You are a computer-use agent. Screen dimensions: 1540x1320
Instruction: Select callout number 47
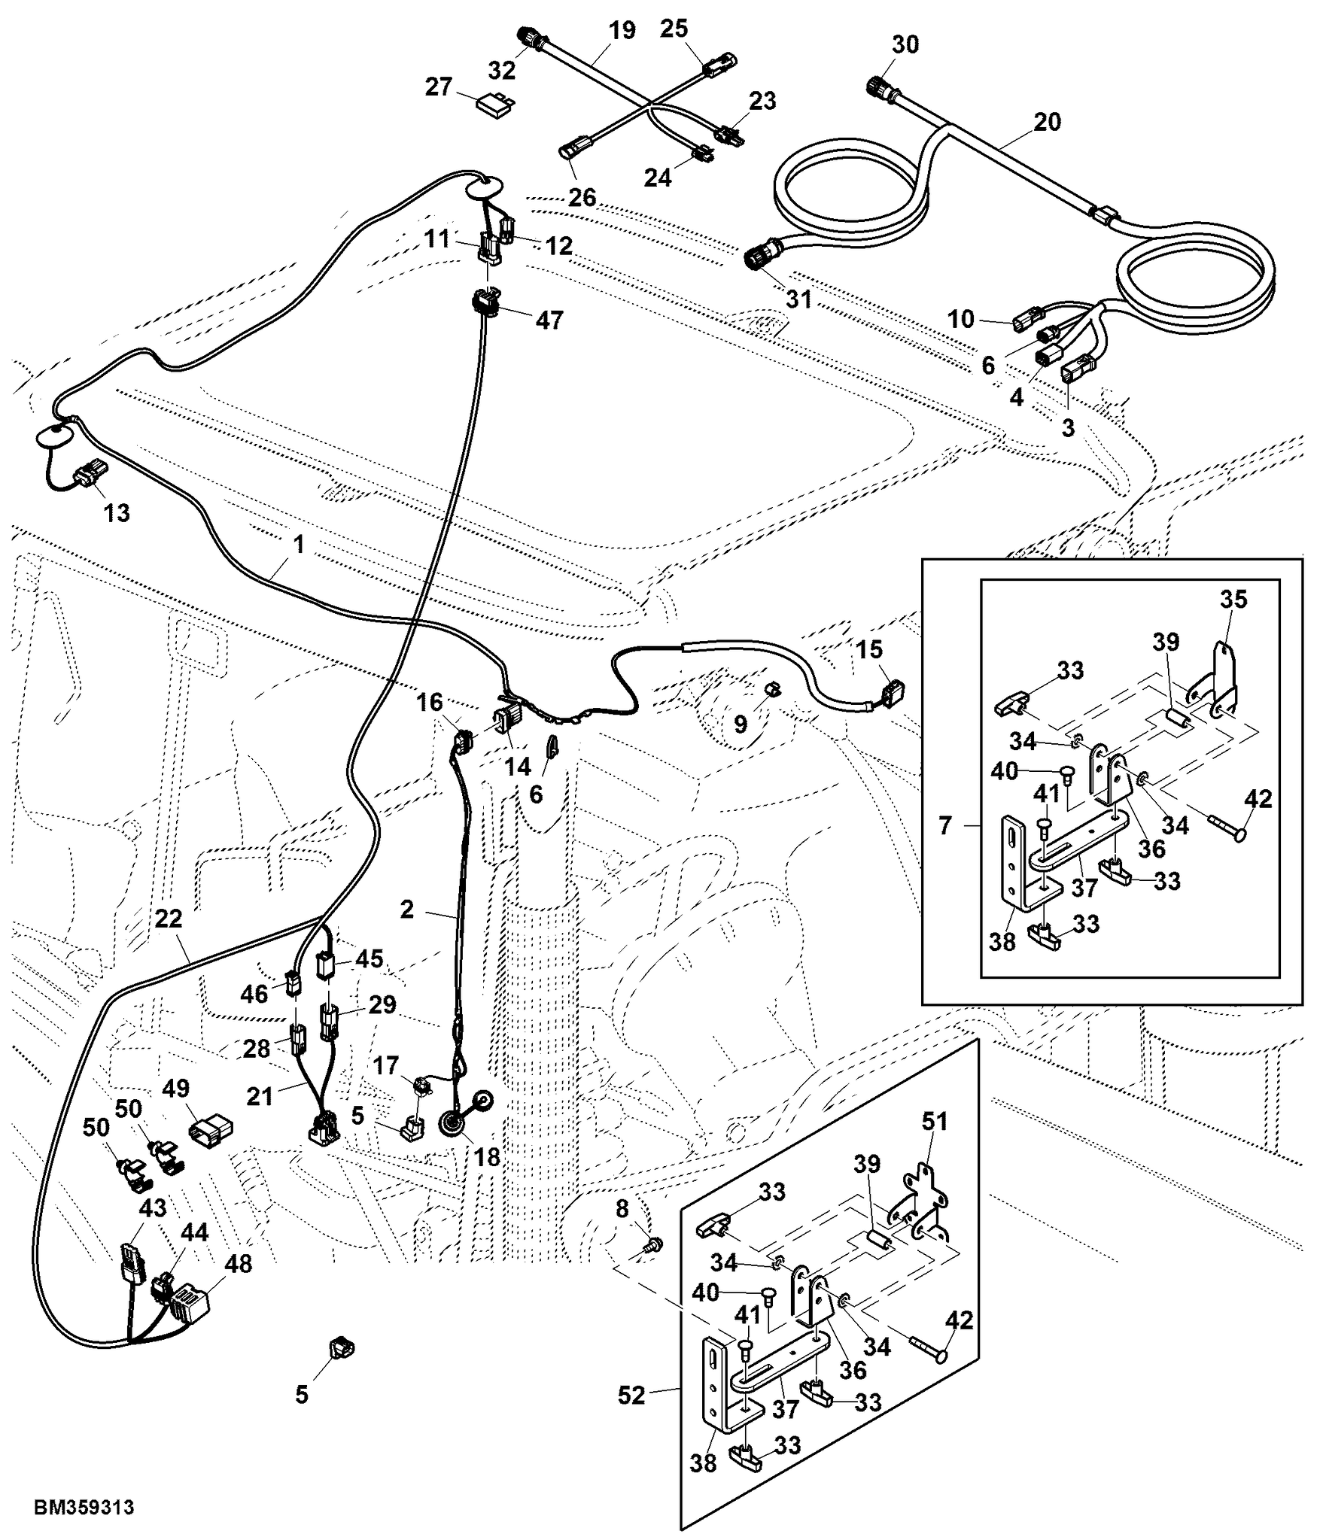tap(549, 320)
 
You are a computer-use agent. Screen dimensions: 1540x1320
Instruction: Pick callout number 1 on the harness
tap(299, 544)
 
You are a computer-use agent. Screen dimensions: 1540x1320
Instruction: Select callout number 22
tap(169, 919)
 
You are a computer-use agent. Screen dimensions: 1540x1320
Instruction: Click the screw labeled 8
tap(655, 1245)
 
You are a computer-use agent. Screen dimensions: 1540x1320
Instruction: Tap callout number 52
tap(631, 1395)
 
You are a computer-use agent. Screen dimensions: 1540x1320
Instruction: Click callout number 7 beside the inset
tap(945, 825)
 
